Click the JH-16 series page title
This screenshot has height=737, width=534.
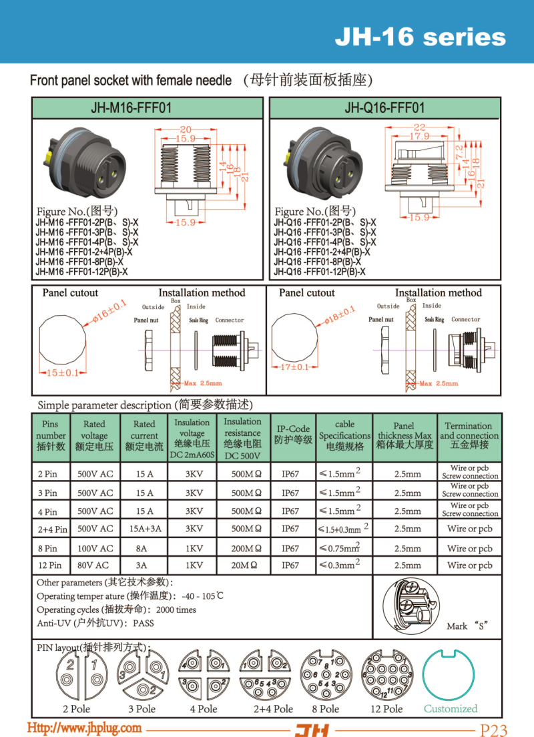pyautogui.click(x=420, y=37)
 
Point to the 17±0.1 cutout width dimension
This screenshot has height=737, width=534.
pyautogui.click(x=294, y=366)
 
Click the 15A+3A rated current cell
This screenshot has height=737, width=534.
pyautogui.click(x=144, y=529)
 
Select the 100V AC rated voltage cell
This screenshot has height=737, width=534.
pyautogui.click(x=95, y=548)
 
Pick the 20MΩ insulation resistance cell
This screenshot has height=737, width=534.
pyautogui.click(x=242, y=565)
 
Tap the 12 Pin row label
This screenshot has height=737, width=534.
pyautogui.click(x=51, y=565)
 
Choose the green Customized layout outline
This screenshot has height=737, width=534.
pyautogui.click(x=451, y=674)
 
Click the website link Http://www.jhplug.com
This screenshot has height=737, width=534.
pyautogui.click(x=84, y=727)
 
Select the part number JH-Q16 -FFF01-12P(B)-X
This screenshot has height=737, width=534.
pyautogui.click(x=320, y=272)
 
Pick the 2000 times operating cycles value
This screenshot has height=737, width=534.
pyautogui.click(x=177, y=609)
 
